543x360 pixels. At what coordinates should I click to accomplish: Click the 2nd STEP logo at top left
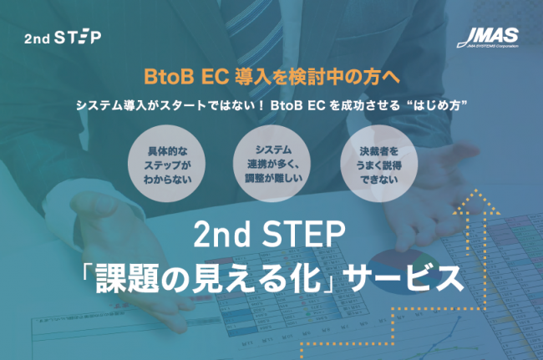[63, 38]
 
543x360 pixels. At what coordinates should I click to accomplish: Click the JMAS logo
[488, 38]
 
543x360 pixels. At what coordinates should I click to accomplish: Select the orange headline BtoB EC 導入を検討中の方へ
[271, 77]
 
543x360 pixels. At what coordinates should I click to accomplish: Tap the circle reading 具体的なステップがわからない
[166, 164]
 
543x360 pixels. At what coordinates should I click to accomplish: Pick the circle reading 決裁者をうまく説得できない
[379, 164]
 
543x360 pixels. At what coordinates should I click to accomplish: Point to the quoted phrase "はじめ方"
[438, 105]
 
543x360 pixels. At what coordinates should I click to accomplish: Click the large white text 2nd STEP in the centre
[270, 234]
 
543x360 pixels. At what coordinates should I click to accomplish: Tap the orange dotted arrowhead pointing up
[477, 200]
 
